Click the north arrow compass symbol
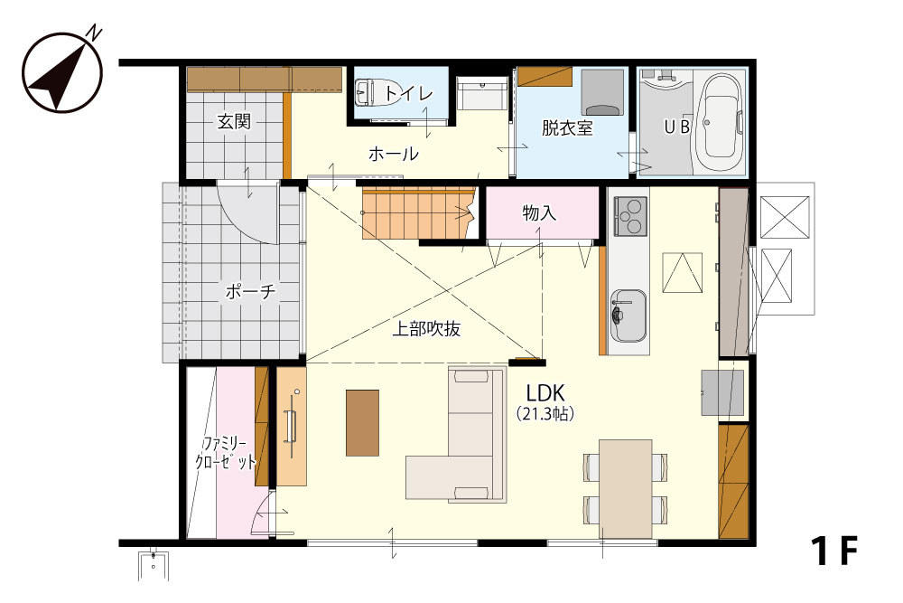62,71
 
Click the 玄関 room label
234,122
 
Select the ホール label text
394,154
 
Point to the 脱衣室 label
567,127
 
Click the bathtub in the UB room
720,123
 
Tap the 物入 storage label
539,212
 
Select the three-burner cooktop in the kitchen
630,215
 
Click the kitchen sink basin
628,316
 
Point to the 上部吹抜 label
426,328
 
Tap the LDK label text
545,393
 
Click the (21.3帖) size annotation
545,413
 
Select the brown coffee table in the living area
362,422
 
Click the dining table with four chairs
626,489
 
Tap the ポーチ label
250,291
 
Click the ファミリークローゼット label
225,453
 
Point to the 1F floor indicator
834,551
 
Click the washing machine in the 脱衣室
601,93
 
